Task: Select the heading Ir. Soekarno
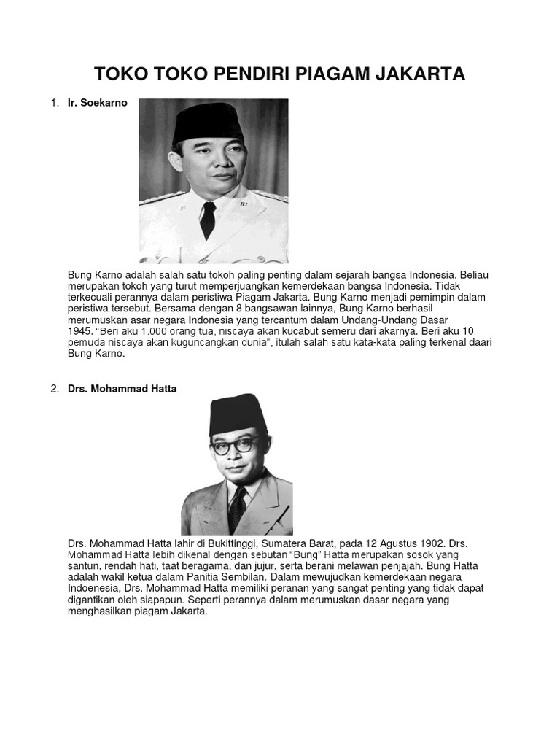[x=97, y=103]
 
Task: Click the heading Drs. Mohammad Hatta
[x=122, y=389]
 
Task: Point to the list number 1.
[x=54, y=103]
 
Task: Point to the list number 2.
[x=54, y=389]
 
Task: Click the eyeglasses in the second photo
[x=237, y=444]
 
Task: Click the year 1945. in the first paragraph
[x=80, y=331]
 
